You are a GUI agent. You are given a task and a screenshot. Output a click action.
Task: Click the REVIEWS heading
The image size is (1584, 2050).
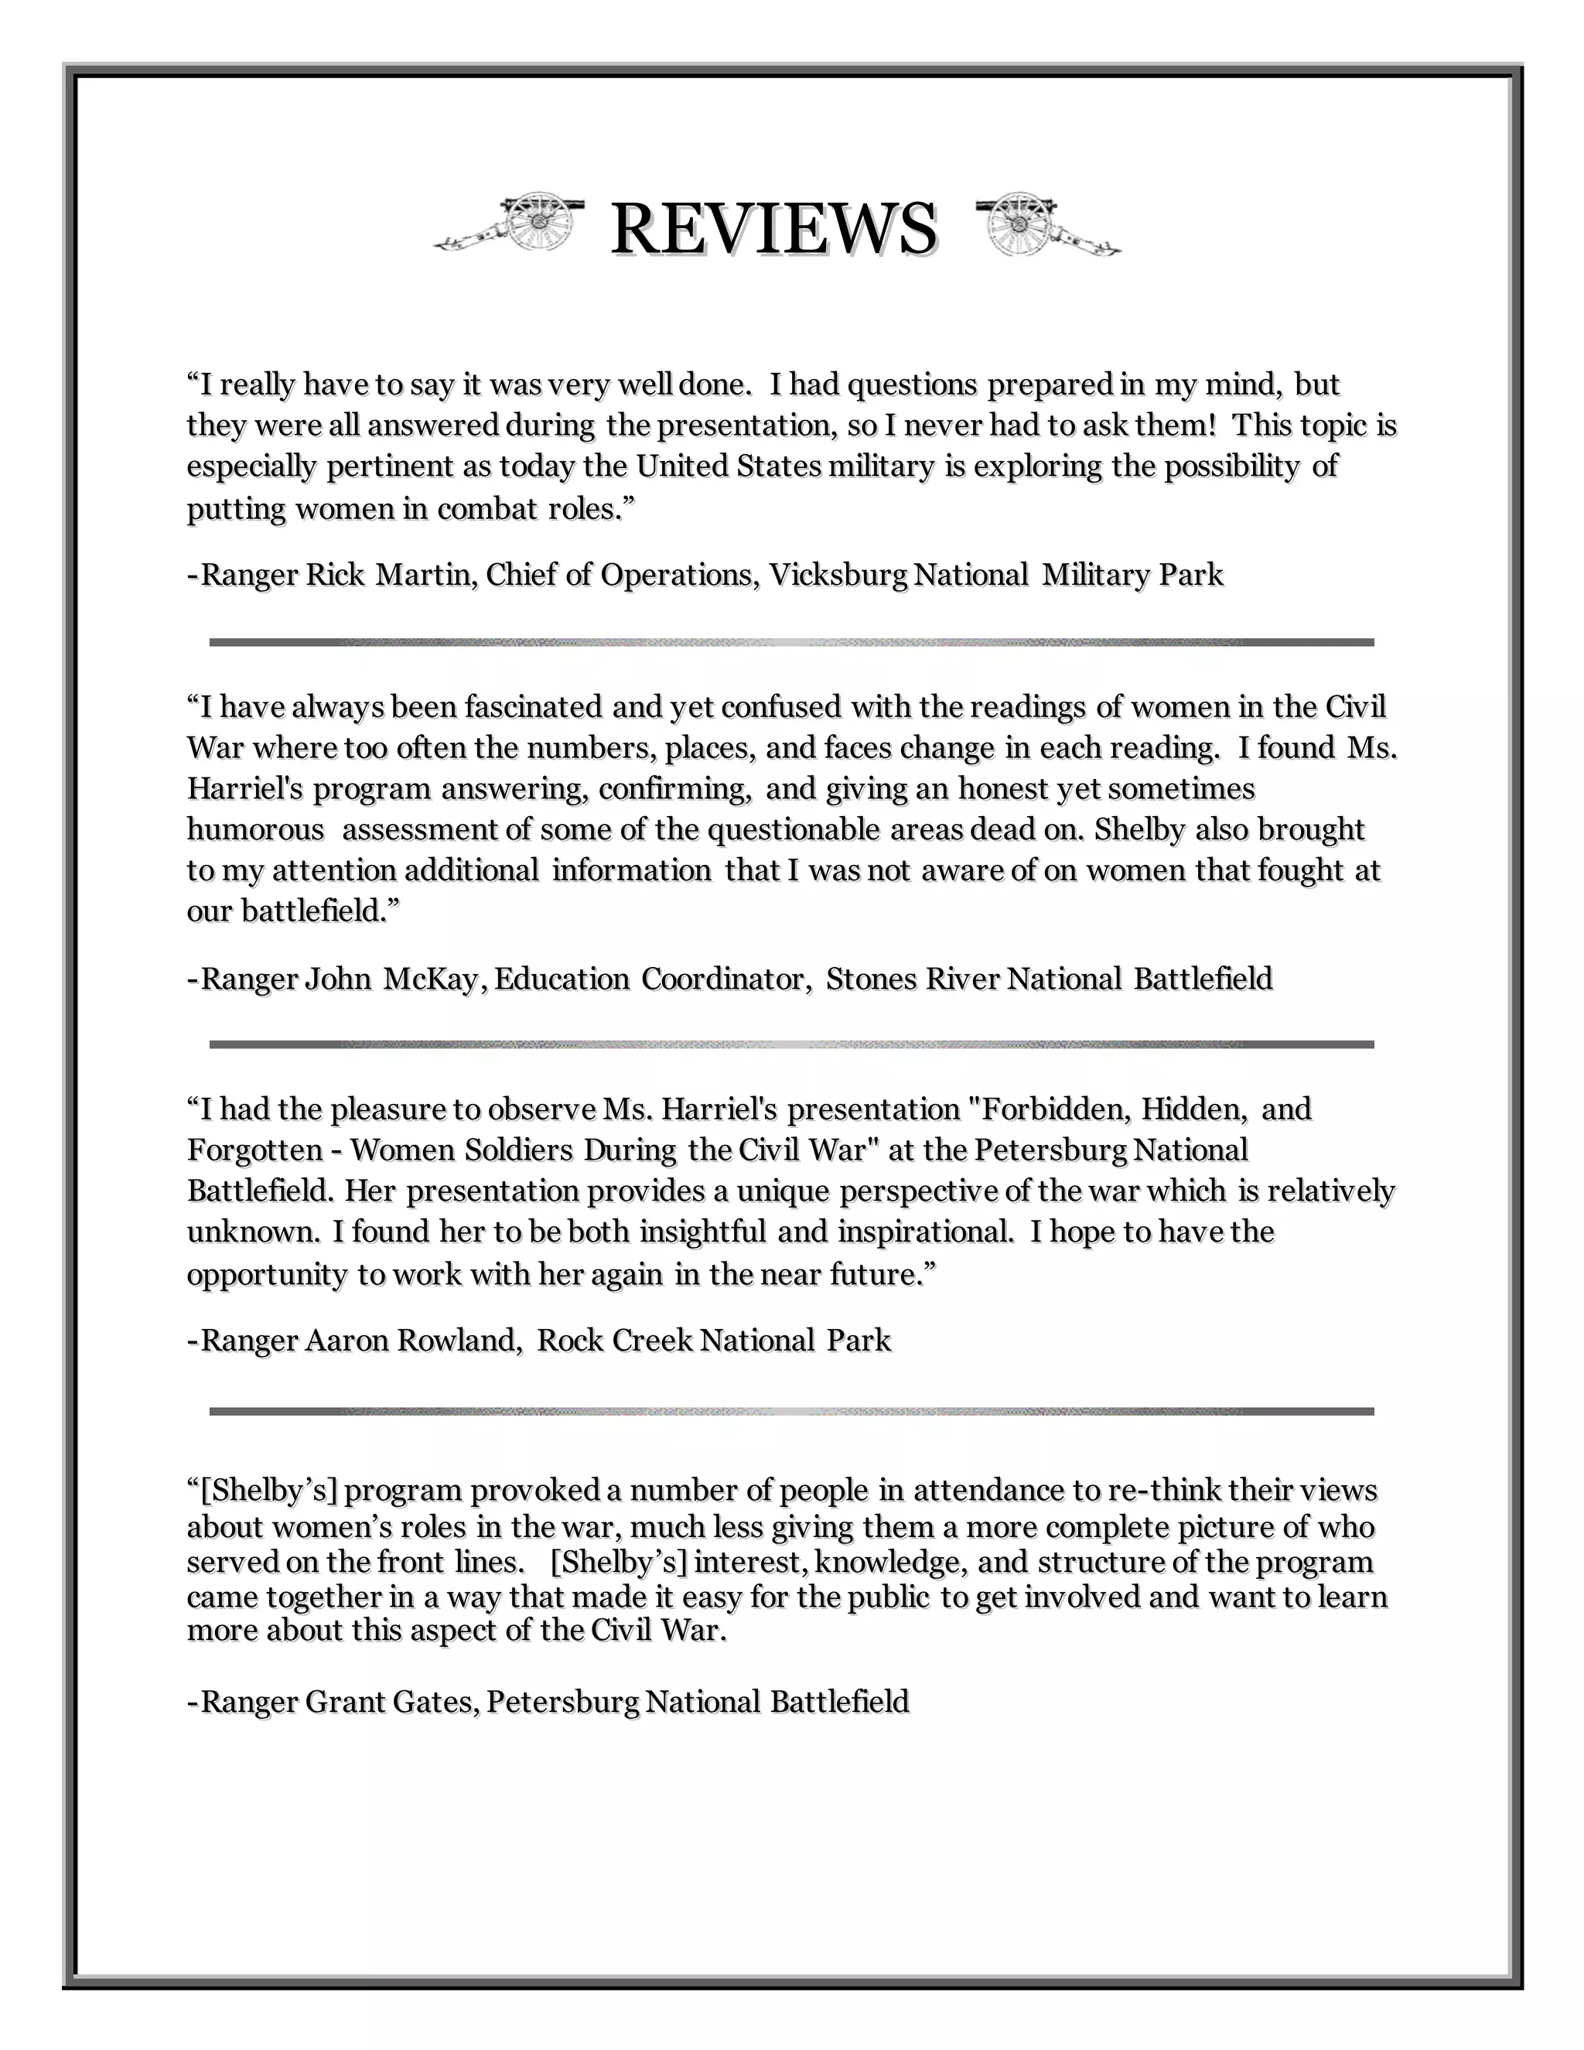[773, 229]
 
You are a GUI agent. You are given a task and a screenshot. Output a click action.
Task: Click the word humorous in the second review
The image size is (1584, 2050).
[255, 830]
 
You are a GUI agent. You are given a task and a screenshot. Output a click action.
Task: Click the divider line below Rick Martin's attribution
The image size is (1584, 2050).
[791, 642]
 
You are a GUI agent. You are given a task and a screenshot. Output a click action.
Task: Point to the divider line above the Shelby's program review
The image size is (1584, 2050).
[791, 1411]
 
